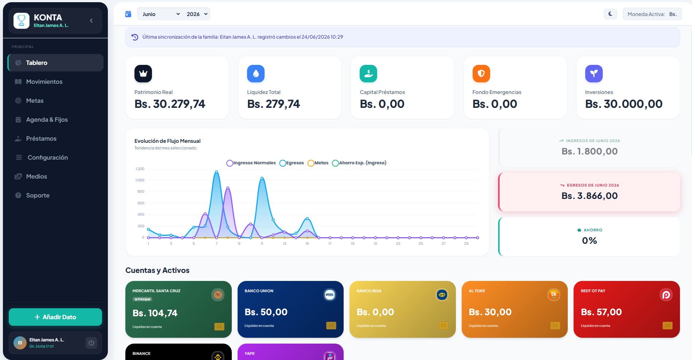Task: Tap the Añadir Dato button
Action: (55, 317)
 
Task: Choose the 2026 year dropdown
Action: (197, 14)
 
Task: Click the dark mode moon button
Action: (610, 14)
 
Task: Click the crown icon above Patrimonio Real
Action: (143, 74)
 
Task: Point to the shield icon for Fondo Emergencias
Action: (481, 74)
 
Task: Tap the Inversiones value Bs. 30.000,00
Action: (623, 104)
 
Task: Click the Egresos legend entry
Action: (292, 163)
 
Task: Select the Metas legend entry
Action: (318, 163)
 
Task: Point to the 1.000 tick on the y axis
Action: (140, 180)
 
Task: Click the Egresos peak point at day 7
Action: (216, 172)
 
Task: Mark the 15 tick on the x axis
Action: (307, 243)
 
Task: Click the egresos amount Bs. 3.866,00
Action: (589, 196)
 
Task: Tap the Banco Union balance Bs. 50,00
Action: (266, 312)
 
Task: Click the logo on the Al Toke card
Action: (554, 294)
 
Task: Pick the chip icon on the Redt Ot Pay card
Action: (668, 325)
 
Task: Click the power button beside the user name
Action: (91, 343)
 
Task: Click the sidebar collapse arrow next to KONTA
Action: (91, 21)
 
